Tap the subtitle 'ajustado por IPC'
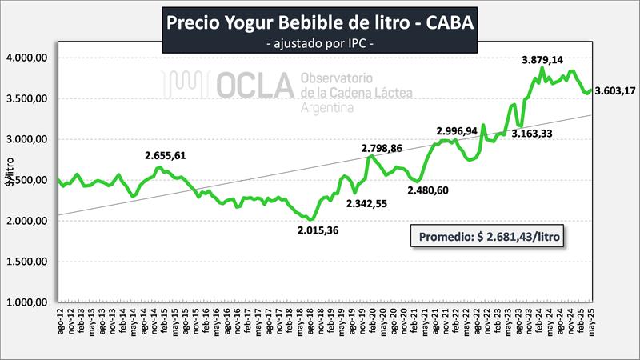point(320,42)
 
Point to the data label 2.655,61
point(170,155)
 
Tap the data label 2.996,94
point(462,131)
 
